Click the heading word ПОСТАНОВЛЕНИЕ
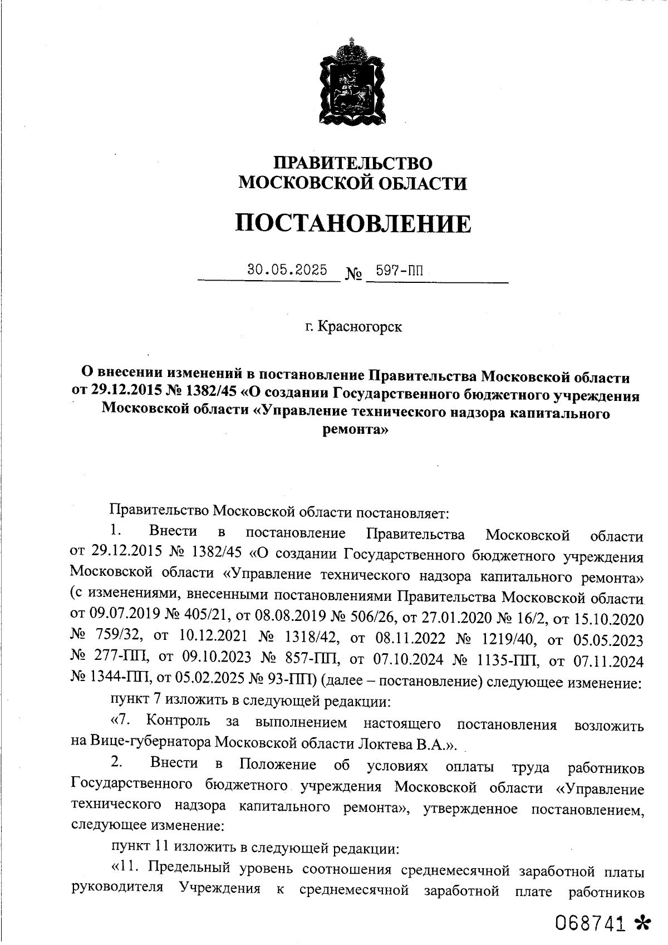coord(352,224)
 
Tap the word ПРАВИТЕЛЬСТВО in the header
coord(353,163)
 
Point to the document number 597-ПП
coord(400,271)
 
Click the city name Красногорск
coord(360,326)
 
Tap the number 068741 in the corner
coord(590,923)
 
